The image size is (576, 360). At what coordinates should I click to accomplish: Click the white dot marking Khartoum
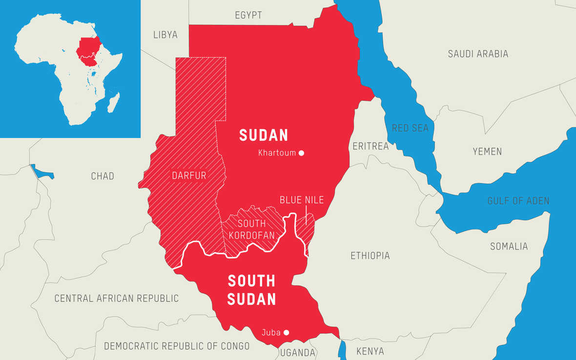pyautogui.click(x=302, y=153)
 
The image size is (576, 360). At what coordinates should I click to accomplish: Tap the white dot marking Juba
pyautogui.click(x=287, y=333)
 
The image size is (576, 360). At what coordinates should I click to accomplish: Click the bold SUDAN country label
pyautogui.click(x=263, y=135)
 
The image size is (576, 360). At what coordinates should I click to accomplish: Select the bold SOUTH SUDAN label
pyautogui.click(x=251, y=290)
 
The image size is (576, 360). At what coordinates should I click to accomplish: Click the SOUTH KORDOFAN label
pyautogui.click(x=251, y=229)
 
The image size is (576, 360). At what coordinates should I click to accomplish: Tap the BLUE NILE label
pyautogui.click(x=302, y=200)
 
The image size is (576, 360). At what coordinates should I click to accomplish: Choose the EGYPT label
pyautogui.click(x=248, y=15)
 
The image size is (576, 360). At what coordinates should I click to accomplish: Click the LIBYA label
pyautogui.click(x=165, y=35)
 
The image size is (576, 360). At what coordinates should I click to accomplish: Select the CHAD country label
pyautogui.click(x=103, y=176)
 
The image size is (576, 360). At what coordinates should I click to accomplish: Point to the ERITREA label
pyautogui.click(x=370, y=146)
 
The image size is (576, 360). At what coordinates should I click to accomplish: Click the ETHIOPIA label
pyautogui.click(x=370, y=256)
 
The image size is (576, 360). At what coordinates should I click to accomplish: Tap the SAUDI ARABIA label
pyautogui.click(x=478, y=54)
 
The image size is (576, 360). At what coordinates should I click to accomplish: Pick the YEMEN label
pyautogui.click(x=487, y=152)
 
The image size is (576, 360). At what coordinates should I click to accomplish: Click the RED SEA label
pyautogui.click(x=410, y=128)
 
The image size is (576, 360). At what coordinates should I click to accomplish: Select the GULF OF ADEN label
pyautogui.click(x=518, y=201)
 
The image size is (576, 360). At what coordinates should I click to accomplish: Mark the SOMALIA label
pyautogui.click(x=509, y=246)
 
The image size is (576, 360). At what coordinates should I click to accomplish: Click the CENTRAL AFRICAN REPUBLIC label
pyautogui.click(x=116, y=298)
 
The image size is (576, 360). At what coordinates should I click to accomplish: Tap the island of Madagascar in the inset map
pyautogui.click(x=113, y=103)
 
